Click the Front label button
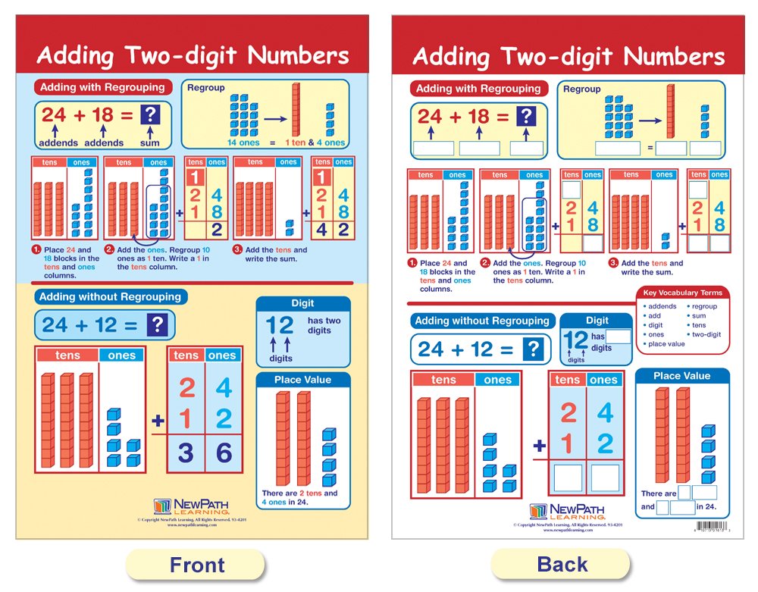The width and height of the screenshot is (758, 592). [x=196, y=565]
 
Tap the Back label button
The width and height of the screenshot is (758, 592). [x=561, y=565]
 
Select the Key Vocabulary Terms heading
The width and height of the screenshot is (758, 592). [x=682, y=293]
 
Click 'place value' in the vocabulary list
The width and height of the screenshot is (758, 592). [x=667, y=343]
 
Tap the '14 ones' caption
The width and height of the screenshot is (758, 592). [x=244, y=143]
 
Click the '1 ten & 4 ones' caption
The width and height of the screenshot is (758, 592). [x=315, y=143]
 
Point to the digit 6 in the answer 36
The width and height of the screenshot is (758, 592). [x=223, y=454]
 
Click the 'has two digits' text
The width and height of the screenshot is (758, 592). [x=324, y=326]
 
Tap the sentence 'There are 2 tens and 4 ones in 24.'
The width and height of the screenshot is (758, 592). [x=300, y=497]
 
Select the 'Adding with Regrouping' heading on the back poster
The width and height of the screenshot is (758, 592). [x=478, y=89]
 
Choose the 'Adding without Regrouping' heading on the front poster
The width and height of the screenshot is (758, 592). [x=111, y=297]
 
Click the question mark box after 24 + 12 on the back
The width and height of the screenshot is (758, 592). [x=534, y=349]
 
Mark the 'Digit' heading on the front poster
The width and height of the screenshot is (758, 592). [x=302, y=303]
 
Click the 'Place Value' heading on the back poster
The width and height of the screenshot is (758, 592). [x=681, y=376]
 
